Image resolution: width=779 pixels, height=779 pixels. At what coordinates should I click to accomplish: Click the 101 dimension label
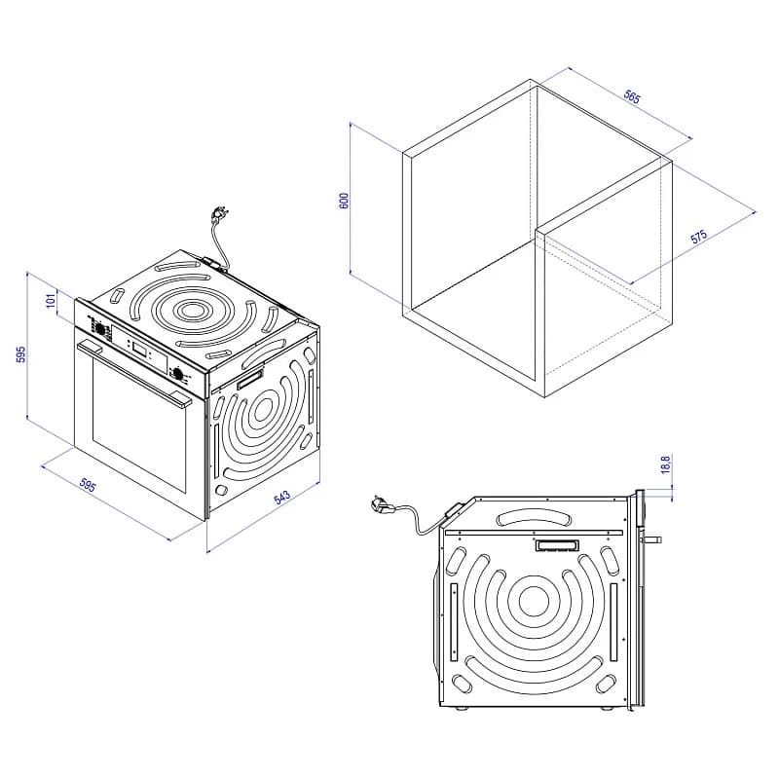(x=51, y=301)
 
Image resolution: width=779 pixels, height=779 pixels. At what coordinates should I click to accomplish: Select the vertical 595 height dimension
(x=20, y=354)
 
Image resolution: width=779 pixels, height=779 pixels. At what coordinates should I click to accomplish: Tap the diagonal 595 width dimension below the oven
(x=88, y=485)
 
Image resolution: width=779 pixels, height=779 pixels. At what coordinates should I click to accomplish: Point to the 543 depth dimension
(x=281, y=497)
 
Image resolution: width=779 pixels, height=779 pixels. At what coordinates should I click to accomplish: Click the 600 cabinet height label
(x=344, y=201)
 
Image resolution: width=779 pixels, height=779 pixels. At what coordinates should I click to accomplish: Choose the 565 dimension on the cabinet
(x=631, y=96)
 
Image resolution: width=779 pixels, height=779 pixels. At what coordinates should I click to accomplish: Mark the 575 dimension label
(x=698, y=237)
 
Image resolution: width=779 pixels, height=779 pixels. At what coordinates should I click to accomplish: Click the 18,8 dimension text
(x=666, y=465)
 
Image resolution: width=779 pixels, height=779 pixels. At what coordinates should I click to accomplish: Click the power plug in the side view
(x=382, y=505)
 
